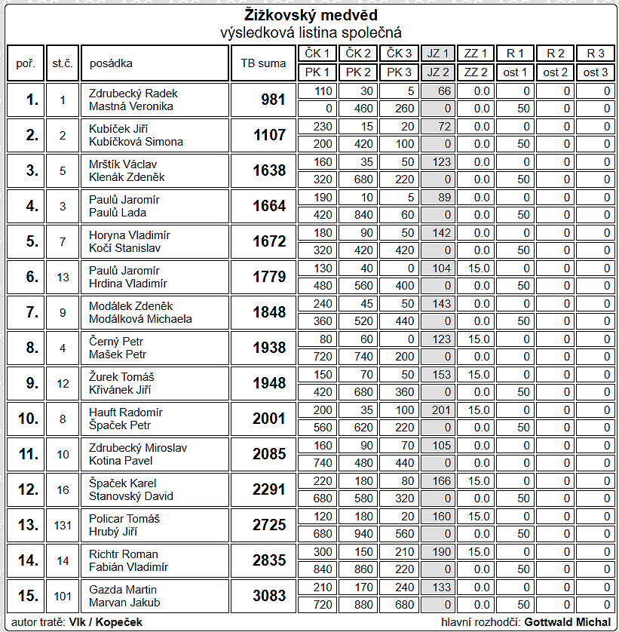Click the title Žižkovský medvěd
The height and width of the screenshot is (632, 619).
click(310, 16)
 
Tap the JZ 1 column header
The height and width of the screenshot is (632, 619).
click(438, 54)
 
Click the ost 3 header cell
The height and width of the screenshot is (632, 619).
click(596, 72)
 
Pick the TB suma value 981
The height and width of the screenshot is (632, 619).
click(272, 100)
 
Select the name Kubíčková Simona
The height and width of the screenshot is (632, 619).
click(136, 142)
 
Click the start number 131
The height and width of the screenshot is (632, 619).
click(63, 525)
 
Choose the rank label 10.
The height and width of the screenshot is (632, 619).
click(28, 419)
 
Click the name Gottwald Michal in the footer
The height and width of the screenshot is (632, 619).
click(567, 622)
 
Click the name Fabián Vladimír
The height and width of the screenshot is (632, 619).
click(128, 567)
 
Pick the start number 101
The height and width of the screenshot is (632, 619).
click(63, 596)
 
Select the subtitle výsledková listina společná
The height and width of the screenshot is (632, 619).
click(310, 32)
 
